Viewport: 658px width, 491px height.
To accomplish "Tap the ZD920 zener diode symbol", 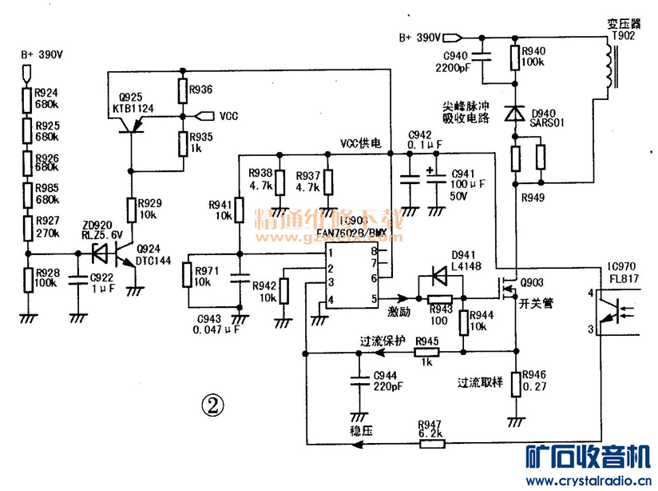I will coord(100,253).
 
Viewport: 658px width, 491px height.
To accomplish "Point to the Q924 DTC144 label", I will coord(153,254).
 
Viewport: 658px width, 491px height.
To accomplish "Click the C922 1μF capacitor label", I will coord(101,282).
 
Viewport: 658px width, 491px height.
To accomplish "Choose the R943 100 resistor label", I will coord(440,313).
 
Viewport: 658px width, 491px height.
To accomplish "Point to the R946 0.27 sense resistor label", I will coord(535,380).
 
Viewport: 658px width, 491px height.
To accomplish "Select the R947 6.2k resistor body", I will coord(429,444).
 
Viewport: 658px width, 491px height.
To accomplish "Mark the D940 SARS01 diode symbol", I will coord(516,114).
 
